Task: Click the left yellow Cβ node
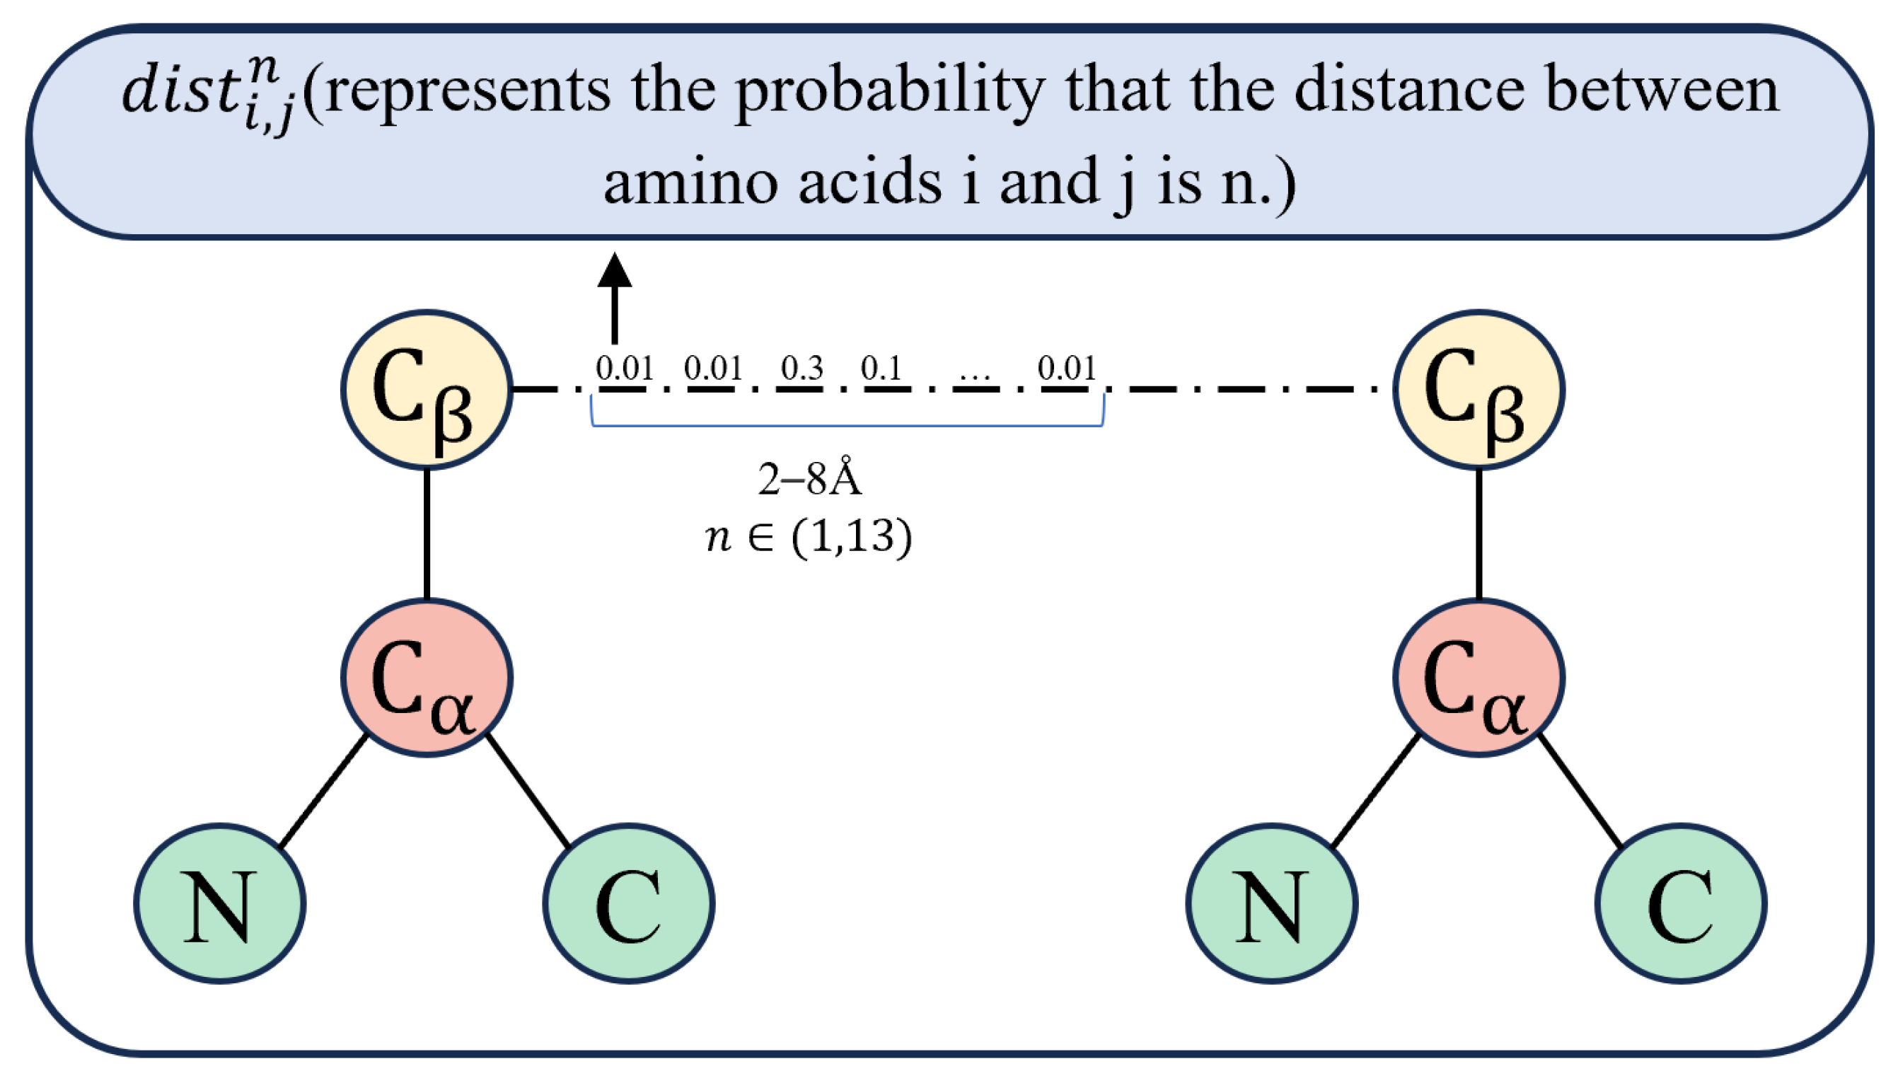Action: coord(427,389)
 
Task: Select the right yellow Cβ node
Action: coord(1479,389)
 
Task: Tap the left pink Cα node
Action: coord(427,678)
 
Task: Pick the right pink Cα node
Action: coord(1479,678)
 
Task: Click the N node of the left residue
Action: coord(220,903)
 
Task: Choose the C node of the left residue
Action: coord(628,903)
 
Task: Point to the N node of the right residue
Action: coord(1272,903)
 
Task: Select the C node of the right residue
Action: coord(1681,903)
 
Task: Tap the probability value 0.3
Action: coord(802,368)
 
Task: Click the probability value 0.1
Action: coord(881,368)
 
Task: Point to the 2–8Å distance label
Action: coord(810,479)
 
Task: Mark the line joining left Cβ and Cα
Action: coord(427,533)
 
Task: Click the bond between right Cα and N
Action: coord(1376,792)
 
